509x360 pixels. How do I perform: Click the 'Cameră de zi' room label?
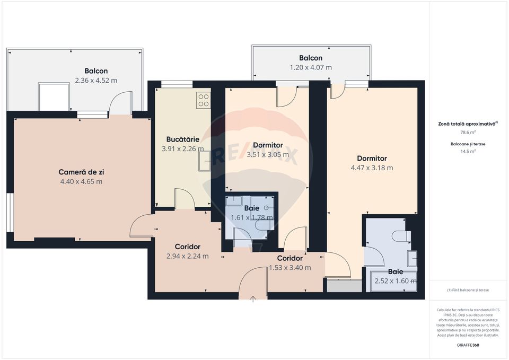pyautogui.click(x=80, y=172)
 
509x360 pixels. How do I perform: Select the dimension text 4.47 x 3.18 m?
pyautogui.click(x=372, y=168)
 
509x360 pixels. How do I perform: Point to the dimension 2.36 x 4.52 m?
pyautogui.click(x=96, y=81)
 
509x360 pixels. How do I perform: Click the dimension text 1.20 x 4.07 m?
pyautogui.click(x=310, y=67)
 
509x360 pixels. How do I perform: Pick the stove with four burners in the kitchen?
pyautogui.click(x=203, y=100)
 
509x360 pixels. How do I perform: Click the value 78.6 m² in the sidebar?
pyautogui.click(x=468, y=132)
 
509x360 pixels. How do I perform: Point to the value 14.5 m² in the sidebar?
pyautogui.click(x=468, y=151)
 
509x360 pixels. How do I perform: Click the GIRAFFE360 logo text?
pyautogui.click(x=468, y=345)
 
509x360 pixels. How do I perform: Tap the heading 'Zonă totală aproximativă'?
pyautogui.click(x=468, y=123)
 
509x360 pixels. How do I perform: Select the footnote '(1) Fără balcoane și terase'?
pyautogui.click(x=468, y=290)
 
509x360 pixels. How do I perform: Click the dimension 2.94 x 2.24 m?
pyautogui.click(x=188, y=256)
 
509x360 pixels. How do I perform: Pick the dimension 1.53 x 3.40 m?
pyautogui.click(x=289, y=267)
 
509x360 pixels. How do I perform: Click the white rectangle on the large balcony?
pyautogui.click(x=54, y=97)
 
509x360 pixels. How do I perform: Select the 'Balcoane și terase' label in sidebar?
pyautogui.click(x=468, y=144)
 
